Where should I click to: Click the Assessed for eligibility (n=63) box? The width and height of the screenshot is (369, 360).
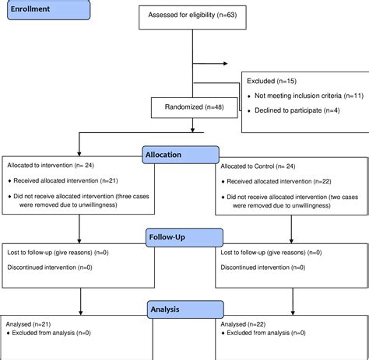point(192,15)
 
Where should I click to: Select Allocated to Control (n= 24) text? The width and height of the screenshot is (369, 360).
point(257,166)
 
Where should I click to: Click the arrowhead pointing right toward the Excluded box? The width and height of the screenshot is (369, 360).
point(225,64)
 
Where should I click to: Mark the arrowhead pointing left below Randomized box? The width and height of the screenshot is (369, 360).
point(76,131)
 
